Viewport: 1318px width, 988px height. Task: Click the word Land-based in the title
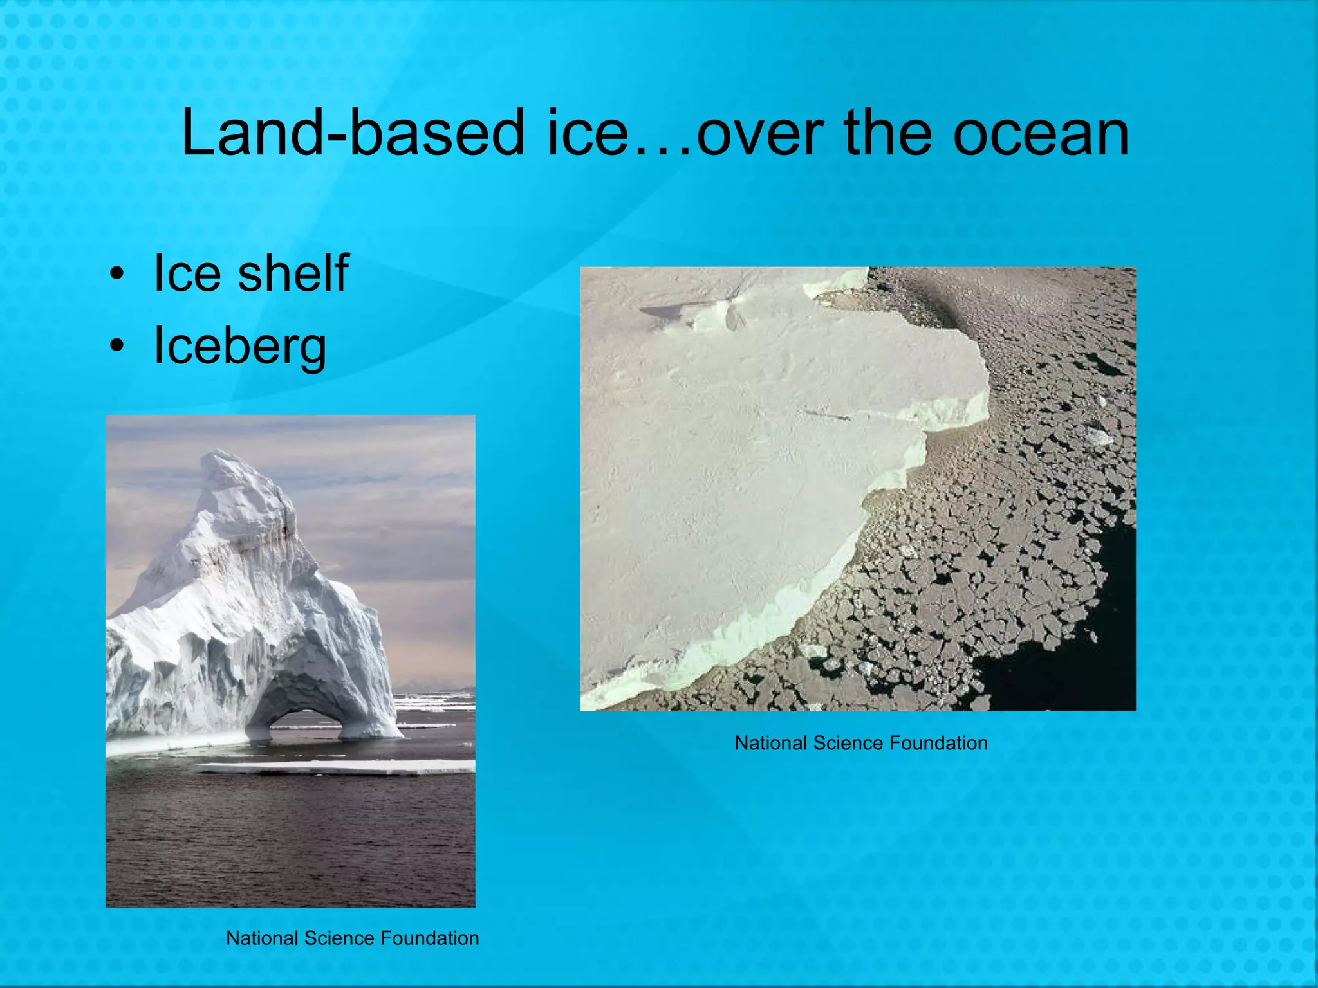pyautogui.click(x=353, y=133)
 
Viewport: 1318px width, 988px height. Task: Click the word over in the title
pyautogui.click(x=760, y=133)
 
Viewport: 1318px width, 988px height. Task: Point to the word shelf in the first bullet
pyautogui.click(x=293, y=273)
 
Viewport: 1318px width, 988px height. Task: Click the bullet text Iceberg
pyautogui.click(x=240, y=346)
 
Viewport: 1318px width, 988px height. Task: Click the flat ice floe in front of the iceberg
pyautogui.click(x=335, y=767)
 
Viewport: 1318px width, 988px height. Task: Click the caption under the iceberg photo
pyautogui.click(x=353, y=938)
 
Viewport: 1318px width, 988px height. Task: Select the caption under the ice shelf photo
pyautogui.click(x=861, y=744)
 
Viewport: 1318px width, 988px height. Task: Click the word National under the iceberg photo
pyautogui.click(x=263, y=938)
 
